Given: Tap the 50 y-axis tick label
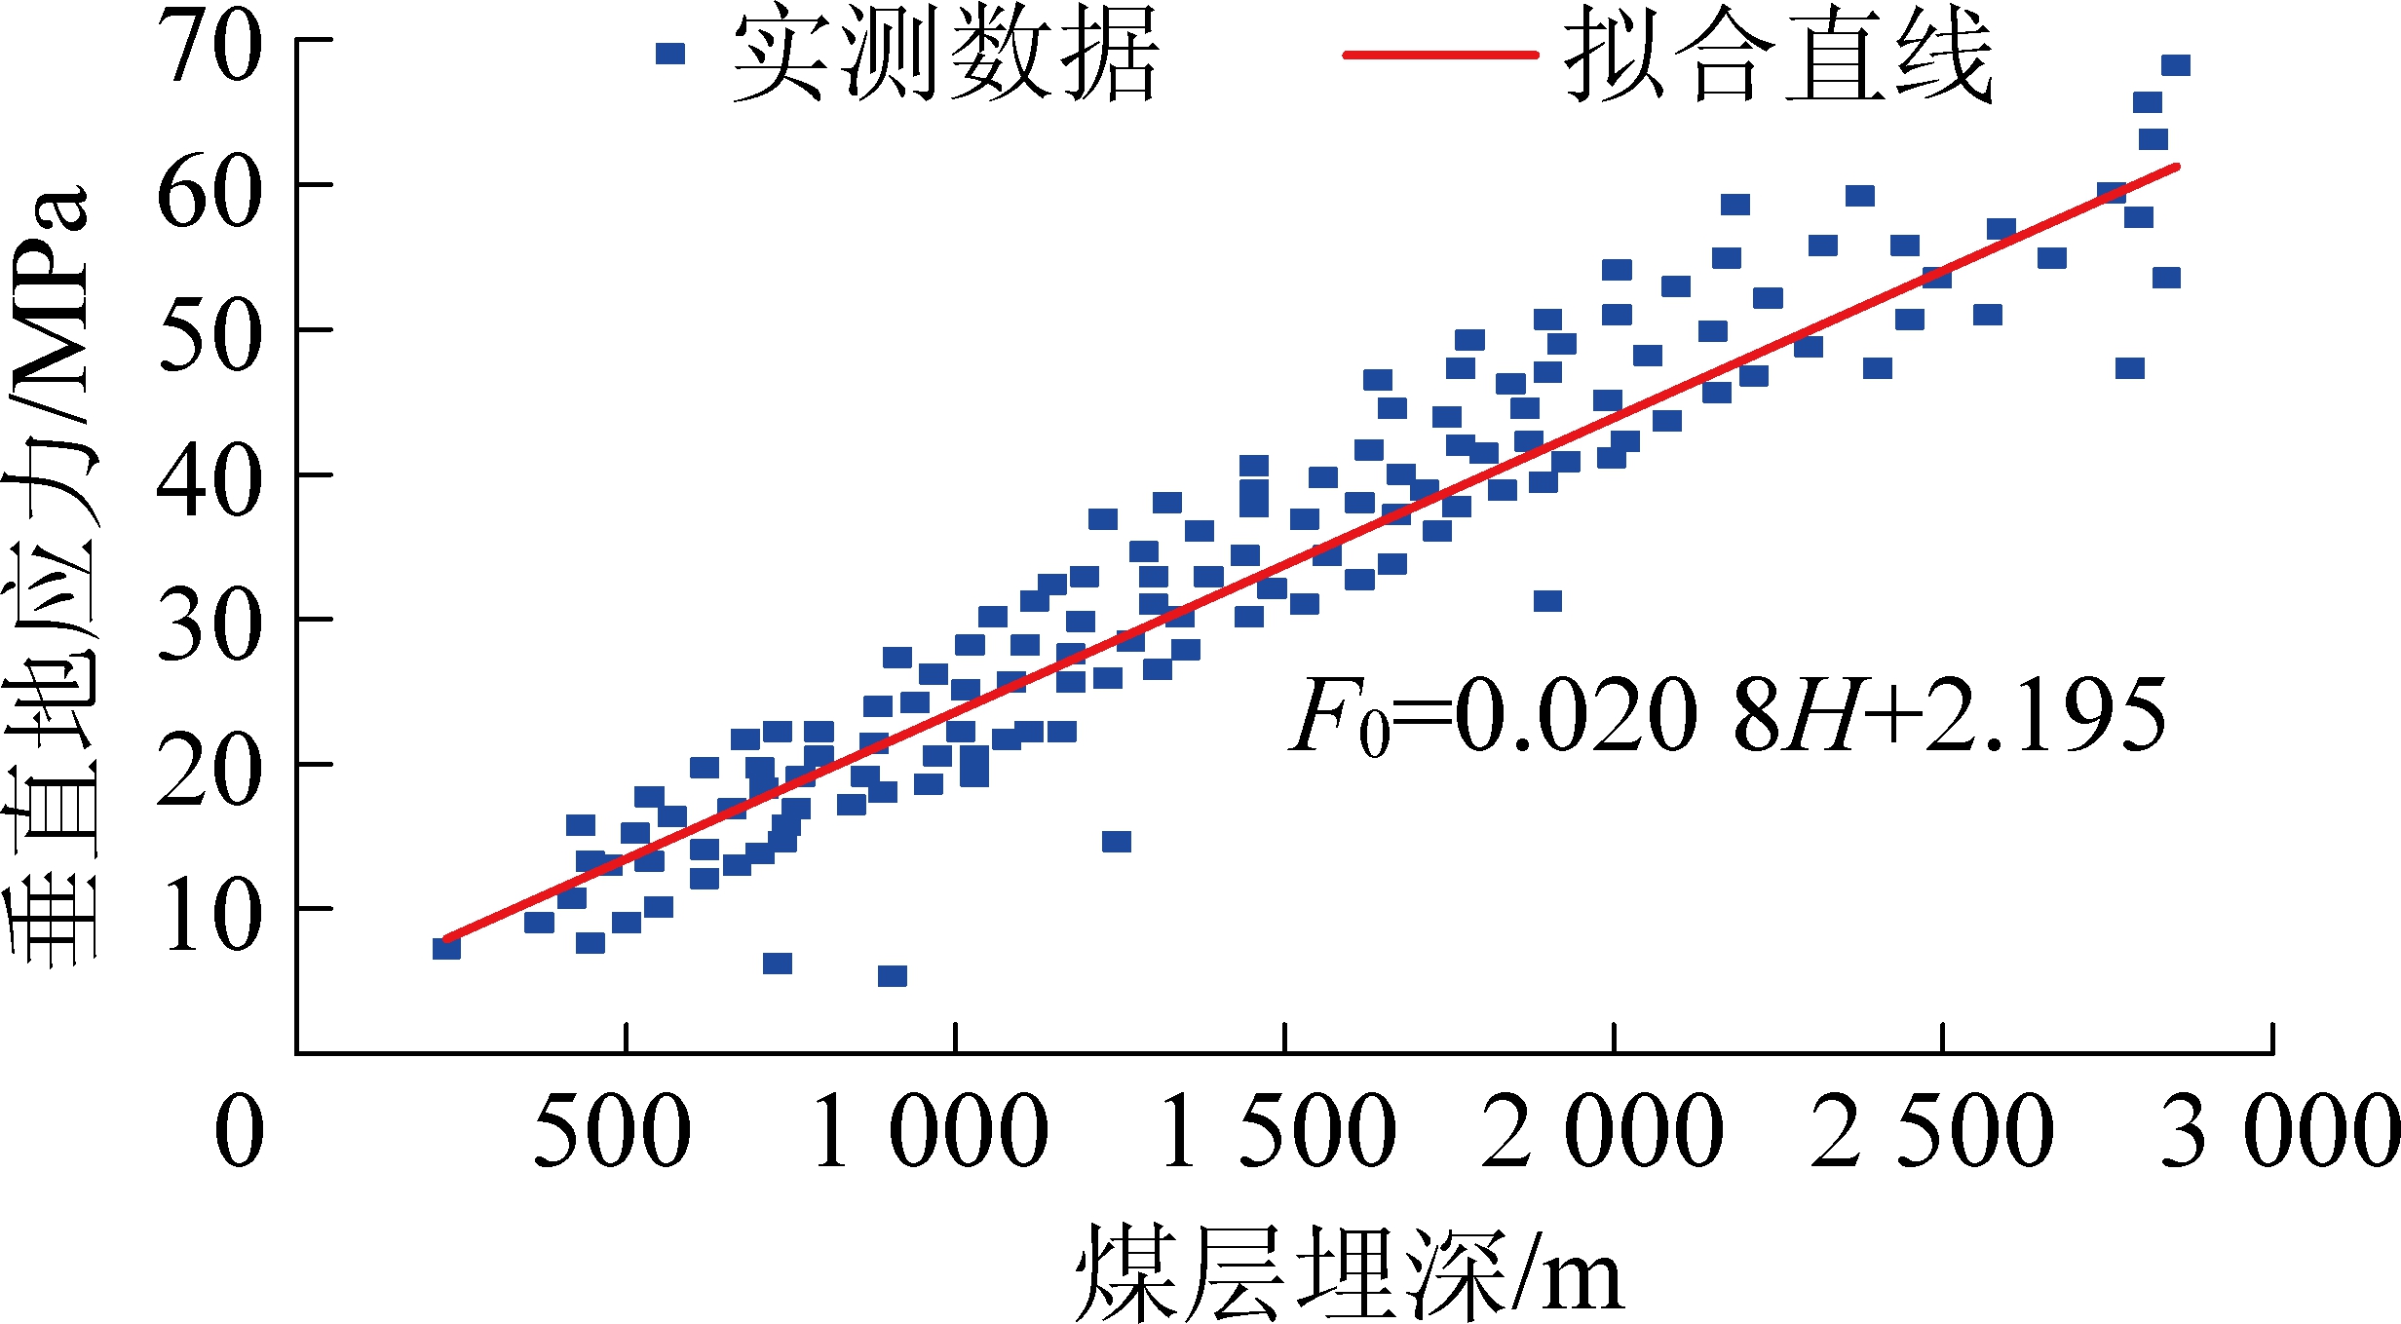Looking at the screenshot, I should click(x=210, y=337).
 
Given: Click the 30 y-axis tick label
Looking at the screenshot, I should click(x=210, y=626).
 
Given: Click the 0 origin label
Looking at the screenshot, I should click(x=239, y=1130).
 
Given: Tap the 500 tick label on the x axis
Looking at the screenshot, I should click(x=612, y=1130).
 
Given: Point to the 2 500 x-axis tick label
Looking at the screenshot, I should click(x=1932, y=1130).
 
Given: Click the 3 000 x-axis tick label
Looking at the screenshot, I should click(x=2280, y=1130).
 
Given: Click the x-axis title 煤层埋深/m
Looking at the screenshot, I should click(x=1350, y=1271).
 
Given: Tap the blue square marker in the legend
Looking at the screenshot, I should click(x=670, y=54).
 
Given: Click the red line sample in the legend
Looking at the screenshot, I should click(x=1440, y=55).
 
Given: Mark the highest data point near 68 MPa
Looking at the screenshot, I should click(x=2176, y=65).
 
